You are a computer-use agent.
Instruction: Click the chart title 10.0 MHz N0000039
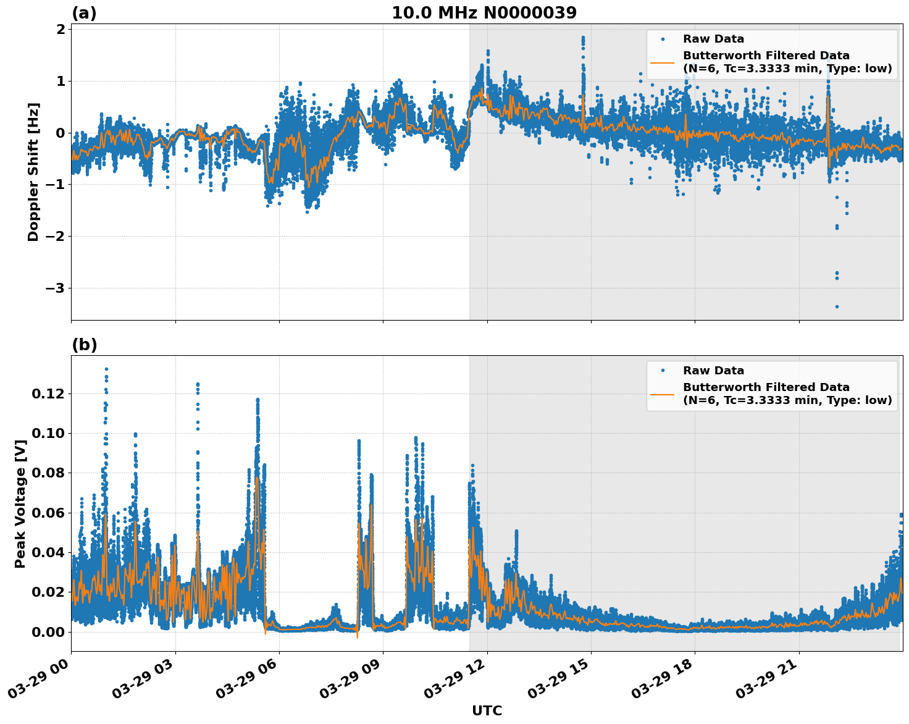click(484, 13)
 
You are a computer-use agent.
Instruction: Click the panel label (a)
click(84, 13)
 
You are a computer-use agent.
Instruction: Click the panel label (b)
click(85, 345)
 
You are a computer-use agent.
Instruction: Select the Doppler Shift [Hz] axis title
click(33, 172)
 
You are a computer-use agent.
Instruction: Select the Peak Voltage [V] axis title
click(20, 503)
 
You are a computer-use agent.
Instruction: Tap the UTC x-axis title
click(487, 710)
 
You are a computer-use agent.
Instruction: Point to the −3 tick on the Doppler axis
click(56, 288)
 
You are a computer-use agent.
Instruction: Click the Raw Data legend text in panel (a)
click(713, 40)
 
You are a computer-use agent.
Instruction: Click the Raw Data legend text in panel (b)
click(713, 371)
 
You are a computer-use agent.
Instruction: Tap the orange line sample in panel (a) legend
click(663, 62)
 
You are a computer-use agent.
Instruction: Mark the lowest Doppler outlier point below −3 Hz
click(837, 306)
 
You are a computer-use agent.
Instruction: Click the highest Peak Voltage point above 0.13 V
click(106, 369)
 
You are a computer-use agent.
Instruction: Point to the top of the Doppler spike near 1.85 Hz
click(582, 38)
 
